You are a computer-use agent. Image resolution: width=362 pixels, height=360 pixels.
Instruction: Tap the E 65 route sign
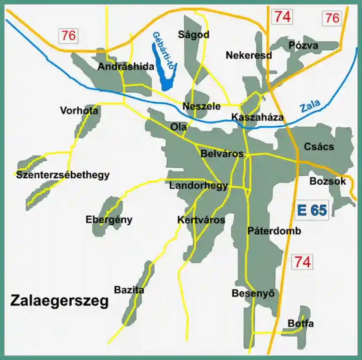pyautogui.click(x=312, y=210)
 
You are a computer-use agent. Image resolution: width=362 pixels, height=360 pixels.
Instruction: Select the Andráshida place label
pyautogui.click(x=126, y=67)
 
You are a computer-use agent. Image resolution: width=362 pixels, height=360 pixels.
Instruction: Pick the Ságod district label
pyautogui.click(x=193, y=35)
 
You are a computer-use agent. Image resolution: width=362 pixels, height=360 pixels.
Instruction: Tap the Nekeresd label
pyautogui.click(x=249, y=55)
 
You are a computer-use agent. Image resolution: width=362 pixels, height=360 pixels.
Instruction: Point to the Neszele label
pyautogui.click(x=201, y=106)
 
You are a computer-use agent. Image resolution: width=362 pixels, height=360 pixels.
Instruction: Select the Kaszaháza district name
pyautogui.click(x=258, y=117)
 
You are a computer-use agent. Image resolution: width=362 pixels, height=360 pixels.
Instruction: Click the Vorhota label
pyautogui.click(x=79, y=111)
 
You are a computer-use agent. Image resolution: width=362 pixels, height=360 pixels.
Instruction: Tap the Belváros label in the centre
pyautogui.click(x=222, y=154)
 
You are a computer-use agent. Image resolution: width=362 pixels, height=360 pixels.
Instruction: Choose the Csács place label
pyautogui.click(x=319, y=147)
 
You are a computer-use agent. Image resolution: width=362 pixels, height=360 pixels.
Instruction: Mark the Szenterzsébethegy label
pyautogui.click(x=63, y=175)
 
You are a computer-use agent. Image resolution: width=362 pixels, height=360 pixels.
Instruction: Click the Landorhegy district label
pyautogui.click(x=198, y=186)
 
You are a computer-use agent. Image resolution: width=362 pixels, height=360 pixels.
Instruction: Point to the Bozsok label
pyautogui.click(x=328, y=181)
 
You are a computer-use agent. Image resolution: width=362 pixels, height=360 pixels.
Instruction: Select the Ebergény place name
pyautogui.click(x=109, y=220)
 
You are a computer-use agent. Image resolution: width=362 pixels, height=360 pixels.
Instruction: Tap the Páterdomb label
pyautogui.click(x=274, y=231)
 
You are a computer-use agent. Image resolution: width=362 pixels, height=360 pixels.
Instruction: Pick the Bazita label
pyautogui.click(x=129, y=290)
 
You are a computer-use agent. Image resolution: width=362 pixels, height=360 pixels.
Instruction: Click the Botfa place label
pyautogui.click(x=300, y=324)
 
